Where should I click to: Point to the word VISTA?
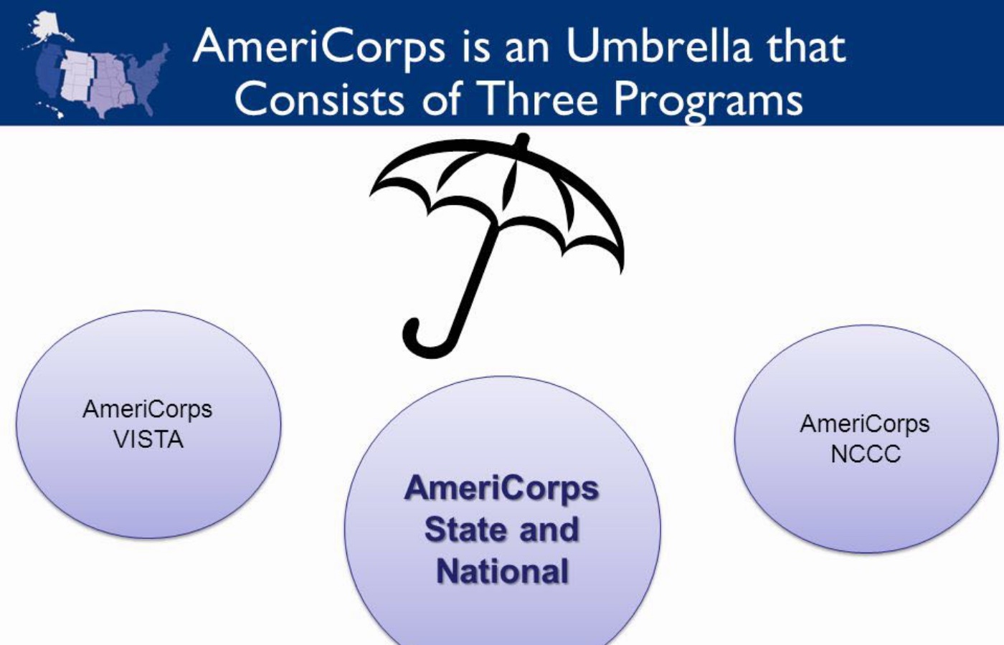pos(148,439)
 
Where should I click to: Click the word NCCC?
pos(866,454)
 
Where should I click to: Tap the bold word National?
pos(503,571)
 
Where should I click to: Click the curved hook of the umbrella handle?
pos(424,340)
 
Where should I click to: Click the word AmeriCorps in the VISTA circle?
pos(148,410)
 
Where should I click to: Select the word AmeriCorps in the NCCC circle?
pos(865,424)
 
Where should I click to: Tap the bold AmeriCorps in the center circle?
pos(501,489)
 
